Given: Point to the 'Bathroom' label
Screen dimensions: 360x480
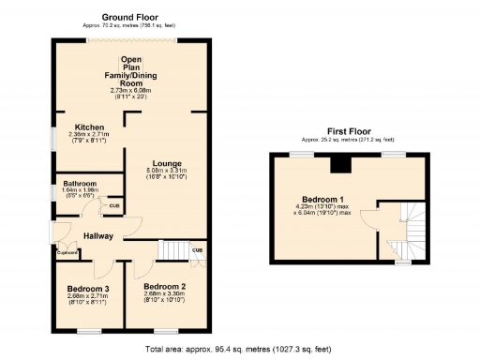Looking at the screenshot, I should (x=80, y=183).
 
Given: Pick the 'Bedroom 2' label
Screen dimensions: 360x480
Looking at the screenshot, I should (x=165, y=285).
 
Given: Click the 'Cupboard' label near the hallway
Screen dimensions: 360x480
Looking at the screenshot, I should (x=67, y=250).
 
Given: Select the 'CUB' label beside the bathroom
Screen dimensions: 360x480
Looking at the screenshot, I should (x=113, y=205).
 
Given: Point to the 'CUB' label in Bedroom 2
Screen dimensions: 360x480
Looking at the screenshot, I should (x=197, y=249).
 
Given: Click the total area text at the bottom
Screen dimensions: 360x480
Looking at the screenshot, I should (x=240, y=349).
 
